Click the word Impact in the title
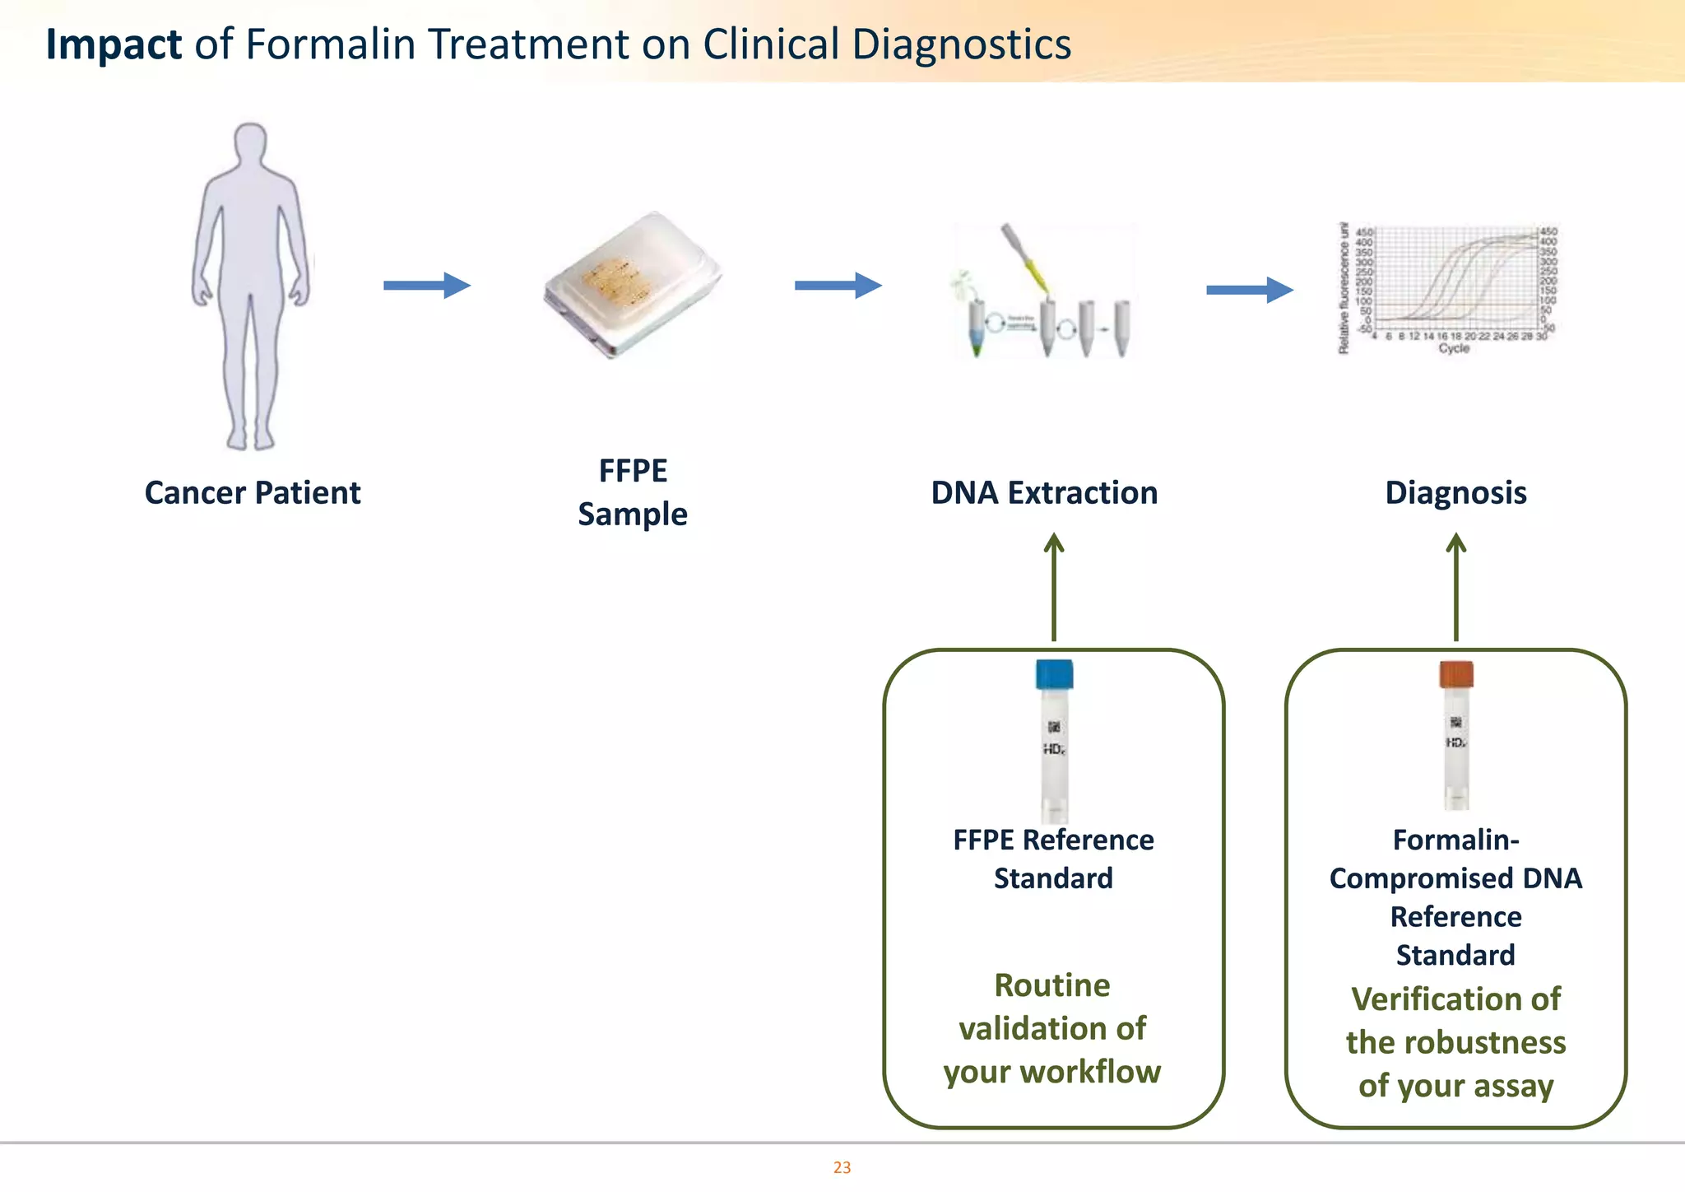coord(114,44)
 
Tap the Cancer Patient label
coord(253,493)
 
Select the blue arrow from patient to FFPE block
coord(426,286)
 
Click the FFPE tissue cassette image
coord(632,284)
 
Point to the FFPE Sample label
coord(633,492)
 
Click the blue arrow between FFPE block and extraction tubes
coord(838,286)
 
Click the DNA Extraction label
coord(1044,493)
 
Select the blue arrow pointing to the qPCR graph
coord(1249,290)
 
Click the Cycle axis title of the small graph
coord(1454,349)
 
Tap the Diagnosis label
coord(1455,493)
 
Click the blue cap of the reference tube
coord(1054,674)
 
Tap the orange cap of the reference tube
coord(1456,674)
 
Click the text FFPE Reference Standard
coord(1053,859)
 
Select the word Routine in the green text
coord(1052,985)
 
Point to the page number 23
coord(842,1167)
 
